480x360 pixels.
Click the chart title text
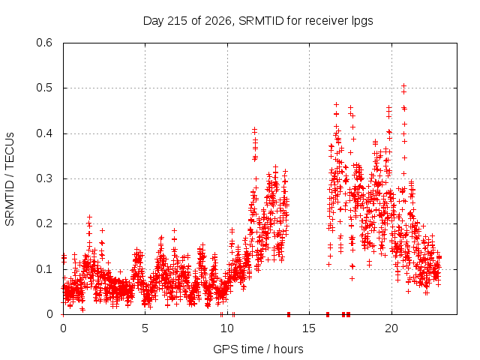[x=258, y=21]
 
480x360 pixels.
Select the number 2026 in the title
[x=218, y=21]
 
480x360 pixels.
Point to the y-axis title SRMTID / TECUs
[x=10, y=179]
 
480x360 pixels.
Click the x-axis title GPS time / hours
[x=258, y=349]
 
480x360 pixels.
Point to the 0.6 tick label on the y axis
[x=44, y=43]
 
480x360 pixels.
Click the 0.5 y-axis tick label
[x=44, y=88]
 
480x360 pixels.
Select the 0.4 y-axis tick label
[x=44, y=133]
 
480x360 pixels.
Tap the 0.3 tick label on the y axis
[x=44, y=178]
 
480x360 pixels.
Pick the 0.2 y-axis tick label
[x=44, y=223]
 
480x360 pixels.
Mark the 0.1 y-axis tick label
[x=44, y=269]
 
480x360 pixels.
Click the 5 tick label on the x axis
[x=145, y=328]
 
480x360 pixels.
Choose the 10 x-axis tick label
[x=226, y=328]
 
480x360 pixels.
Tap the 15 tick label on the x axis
[x=309, y=328]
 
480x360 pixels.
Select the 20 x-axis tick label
[x=391, y=328]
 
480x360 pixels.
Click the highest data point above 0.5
[x=403, y=85]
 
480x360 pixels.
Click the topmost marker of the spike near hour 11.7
[x=254, y=129]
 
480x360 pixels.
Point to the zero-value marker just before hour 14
[x=289, y=314]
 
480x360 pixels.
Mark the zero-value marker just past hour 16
[x=328, y=314]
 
